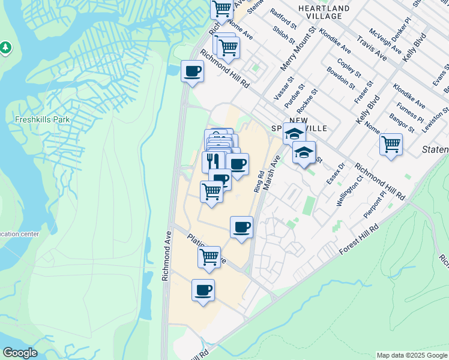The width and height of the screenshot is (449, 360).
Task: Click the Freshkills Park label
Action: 43,119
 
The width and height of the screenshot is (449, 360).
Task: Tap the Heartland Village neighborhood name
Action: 324,12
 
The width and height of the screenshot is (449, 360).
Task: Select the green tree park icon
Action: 5,46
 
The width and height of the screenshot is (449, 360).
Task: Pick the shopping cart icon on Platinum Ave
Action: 209,257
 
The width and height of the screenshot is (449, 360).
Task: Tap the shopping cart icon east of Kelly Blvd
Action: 391,144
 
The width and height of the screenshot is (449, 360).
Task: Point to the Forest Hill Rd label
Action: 360,238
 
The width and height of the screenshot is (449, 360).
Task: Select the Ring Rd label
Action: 259,181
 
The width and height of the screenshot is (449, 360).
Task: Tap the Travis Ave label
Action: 371,47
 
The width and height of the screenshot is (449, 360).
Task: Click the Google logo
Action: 20,353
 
